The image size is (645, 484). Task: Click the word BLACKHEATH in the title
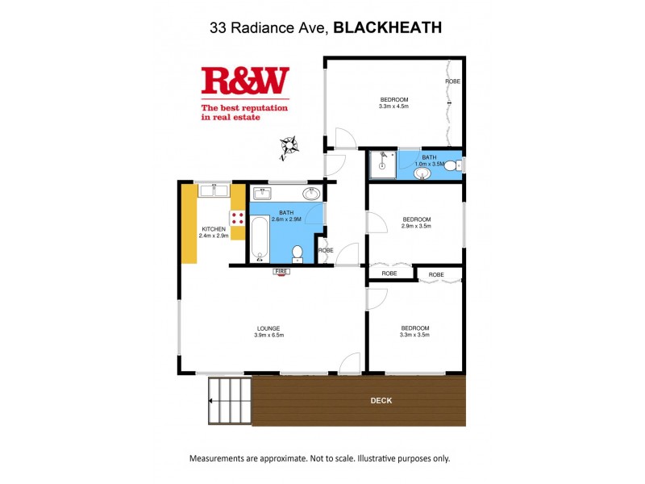point(387,28)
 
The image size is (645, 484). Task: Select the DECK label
point(381,400)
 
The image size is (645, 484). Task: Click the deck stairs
point(230,401)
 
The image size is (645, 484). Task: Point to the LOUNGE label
point(268,328)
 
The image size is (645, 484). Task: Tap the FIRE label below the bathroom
point(281,272)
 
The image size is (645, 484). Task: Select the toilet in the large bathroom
point(297,253)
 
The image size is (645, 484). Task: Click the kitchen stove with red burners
point(238,217)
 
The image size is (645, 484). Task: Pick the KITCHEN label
point(213,229)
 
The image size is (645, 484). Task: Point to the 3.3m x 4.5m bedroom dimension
point(394,106)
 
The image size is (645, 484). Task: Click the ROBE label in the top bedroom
point(453,81)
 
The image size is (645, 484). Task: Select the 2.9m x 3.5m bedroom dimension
point(417,226)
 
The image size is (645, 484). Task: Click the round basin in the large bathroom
point(311,194)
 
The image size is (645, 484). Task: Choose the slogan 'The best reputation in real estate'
point(244,112)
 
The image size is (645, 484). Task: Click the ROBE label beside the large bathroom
point(325,250)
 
